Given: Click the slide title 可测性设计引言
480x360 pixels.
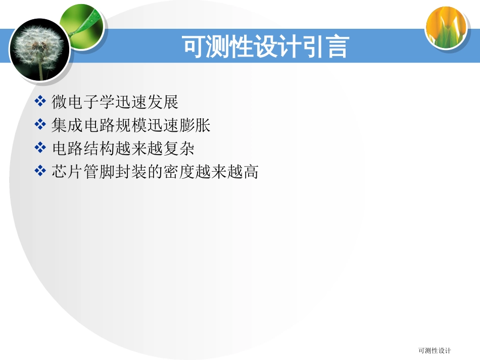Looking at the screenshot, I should [265, 47].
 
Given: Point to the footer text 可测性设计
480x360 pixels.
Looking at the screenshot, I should [435, 350].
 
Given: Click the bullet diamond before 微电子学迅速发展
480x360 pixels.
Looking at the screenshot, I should [40, 102].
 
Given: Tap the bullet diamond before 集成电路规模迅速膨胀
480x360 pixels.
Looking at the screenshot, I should [40, 125].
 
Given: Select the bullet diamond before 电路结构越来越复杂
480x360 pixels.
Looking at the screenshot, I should [40, 148].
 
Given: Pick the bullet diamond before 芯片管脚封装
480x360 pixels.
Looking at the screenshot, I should [40, 172].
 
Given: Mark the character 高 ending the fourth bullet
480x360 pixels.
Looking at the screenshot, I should [251, 172].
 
